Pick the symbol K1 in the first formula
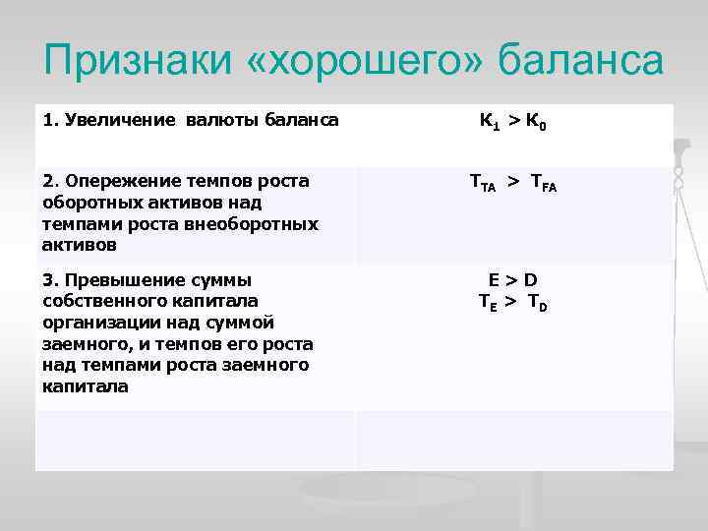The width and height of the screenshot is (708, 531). coord(489,123)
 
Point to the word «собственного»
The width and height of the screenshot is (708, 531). coord(101,301)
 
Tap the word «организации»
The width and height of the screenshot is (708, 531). coord(96,323)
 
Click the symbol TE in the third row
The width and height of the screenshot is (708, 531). coord(485,302)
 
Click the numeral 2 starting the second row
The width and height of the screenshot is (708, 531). coord(47,181)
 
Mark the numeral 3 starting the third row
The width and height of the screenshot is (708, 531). coord(47,280)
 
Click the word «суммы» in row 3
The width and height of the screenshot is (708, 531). coord(222,280)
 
